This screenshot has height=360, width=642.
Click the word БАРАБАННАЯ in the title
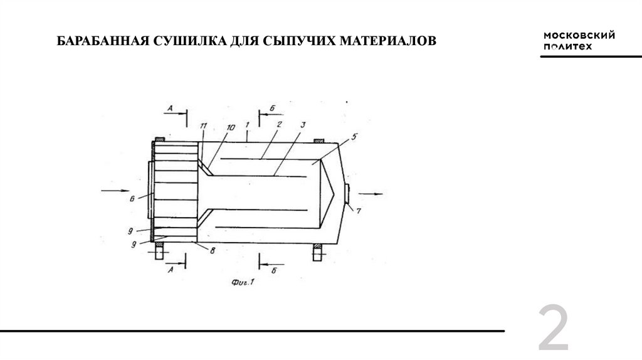[x=103, y=41]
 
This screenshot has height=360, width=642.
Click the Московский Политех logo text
[x=579, y=41]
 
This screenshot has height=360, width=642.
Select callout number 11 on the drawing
[x=204, y=125]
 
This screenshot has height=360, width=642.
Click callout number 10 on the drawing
[x=231, y=127]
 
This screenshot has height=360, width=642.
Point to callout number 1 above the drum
[x=247, y=124]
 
